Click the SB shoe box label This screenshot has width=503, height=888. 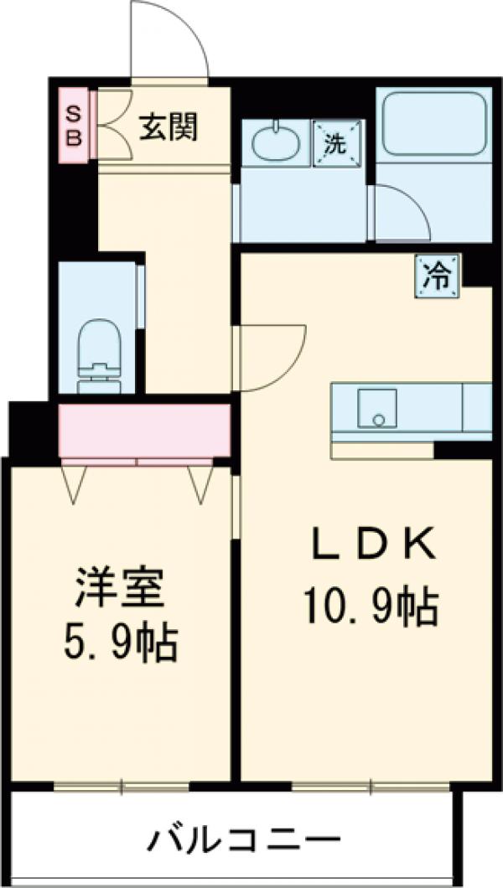click(74, 125)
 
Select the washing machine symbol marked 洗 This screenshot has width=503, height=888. click(335, 143)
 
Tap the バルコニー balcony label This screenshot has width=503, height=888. click(246, 837)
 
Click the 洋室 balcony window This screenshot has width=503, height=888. click(122, 786)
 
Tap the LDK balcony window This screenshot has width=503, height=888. click(371, 786)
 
